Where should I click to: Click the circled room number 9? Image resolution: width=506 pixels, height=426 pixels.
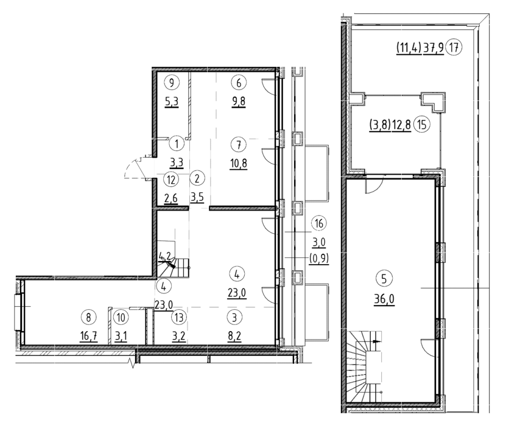171,83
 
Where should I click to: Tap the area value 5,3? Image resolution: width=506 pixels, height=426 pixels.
171,102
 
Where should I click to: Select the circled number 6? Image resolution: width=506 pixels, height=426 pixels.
239,83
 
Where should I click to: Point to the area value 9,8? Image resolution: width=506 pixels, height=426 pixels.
239,102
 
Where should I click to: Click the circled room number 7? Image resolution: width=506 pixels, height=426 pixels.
239,145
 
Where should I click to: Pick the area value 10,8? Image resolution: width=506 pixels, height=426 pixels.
239,164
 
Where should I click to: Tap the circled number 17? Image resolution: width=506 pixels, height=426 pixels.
454,47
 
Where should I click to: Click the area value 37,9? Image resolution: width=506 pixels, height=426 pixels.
434,48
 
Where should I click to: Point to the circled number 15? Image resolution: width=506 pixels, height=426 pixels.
422,125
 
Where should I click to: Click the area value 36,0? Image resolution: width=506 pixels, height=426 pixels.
384,299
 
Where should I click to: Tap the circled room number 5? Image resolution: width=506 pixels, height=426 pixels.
384,279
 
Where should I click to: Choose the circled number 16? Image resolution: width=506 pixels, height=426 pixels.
319,223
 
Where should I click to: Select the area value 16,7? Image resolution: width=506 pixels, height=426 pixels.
88,337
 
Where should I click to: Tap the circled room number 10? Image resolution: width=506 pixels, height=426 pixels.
121,317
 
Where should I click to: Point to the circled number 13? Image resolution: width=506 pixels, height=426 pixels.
178,317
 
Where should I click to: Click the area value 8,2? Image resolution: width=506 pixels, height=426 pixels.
234,337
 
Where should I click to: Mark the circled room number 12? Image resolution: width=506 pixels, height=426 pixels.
171,180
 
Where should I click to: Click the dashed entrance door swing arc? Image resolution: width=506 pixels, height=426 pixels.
128,164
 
